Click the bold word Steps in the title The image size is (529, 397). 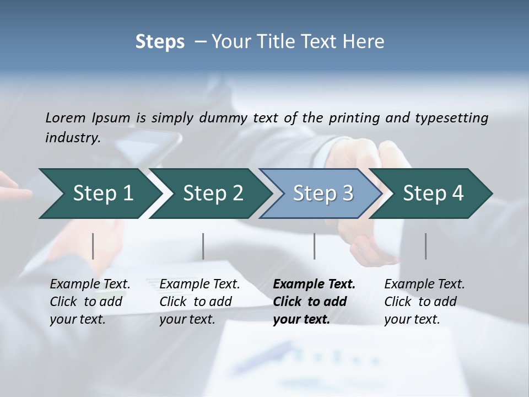(160, 42)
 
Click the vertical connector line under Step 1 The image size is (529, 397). (93, 246)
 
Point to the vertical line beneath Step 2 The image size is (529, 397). (203, 246)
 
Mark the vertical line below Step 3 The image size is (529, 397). (314, 246)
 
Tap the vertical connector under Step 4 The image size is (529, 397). (425, 246)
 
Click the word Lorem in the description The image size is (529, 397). (66, 117)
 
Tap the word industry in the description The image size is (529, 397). (73, 138)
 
